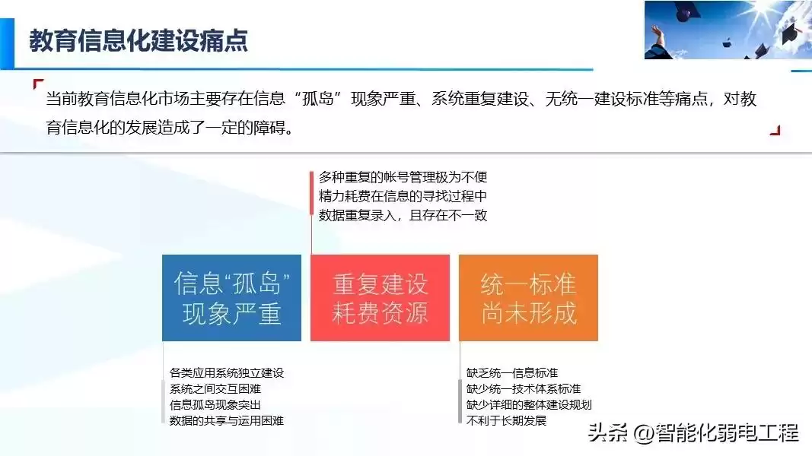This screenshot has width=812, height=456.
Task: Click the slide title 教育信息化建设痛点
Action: point(139,40)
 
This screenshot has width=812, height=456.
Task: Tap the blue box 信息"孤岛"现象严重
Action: point(231,298)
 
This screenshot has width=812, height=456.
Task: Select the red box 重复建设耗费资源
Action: point(380,298)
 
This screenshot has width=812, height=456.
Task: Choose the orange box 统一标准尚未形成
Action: point(528,298)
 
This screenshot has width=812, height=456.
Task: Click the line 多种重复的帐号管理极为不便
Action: point(403,177)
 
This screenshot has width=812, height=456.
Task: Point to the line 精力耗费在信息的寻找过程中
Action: point(403,196)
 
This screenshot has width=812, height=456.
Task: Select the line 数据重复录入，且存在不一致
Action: point(403,215)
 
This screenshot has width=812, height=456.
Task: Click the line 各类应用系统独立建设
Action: point(227,372)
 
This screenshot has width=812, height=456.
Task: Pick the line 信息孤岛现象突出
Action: point(216,404)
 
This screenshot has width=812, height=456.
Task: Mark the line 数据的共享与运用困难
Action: point(227,420)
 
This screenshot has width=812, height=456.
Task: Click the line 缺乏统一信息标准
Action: point(512,372)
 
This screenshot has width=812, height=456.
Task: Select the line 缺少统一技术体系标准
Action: point(524,388)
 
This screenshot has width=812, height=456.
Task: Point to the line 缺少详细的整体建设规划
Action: point(529,404)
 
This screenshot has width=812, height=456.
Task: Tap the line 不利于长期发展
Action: point(506,420)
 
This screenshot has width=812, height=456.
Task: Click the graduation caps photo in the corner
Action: point(728,30)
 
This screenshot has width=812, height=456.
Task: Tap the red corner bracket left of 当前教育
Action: point(39,84)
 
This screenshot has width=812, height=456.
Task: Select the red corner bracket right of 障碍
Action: point(775,130)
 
